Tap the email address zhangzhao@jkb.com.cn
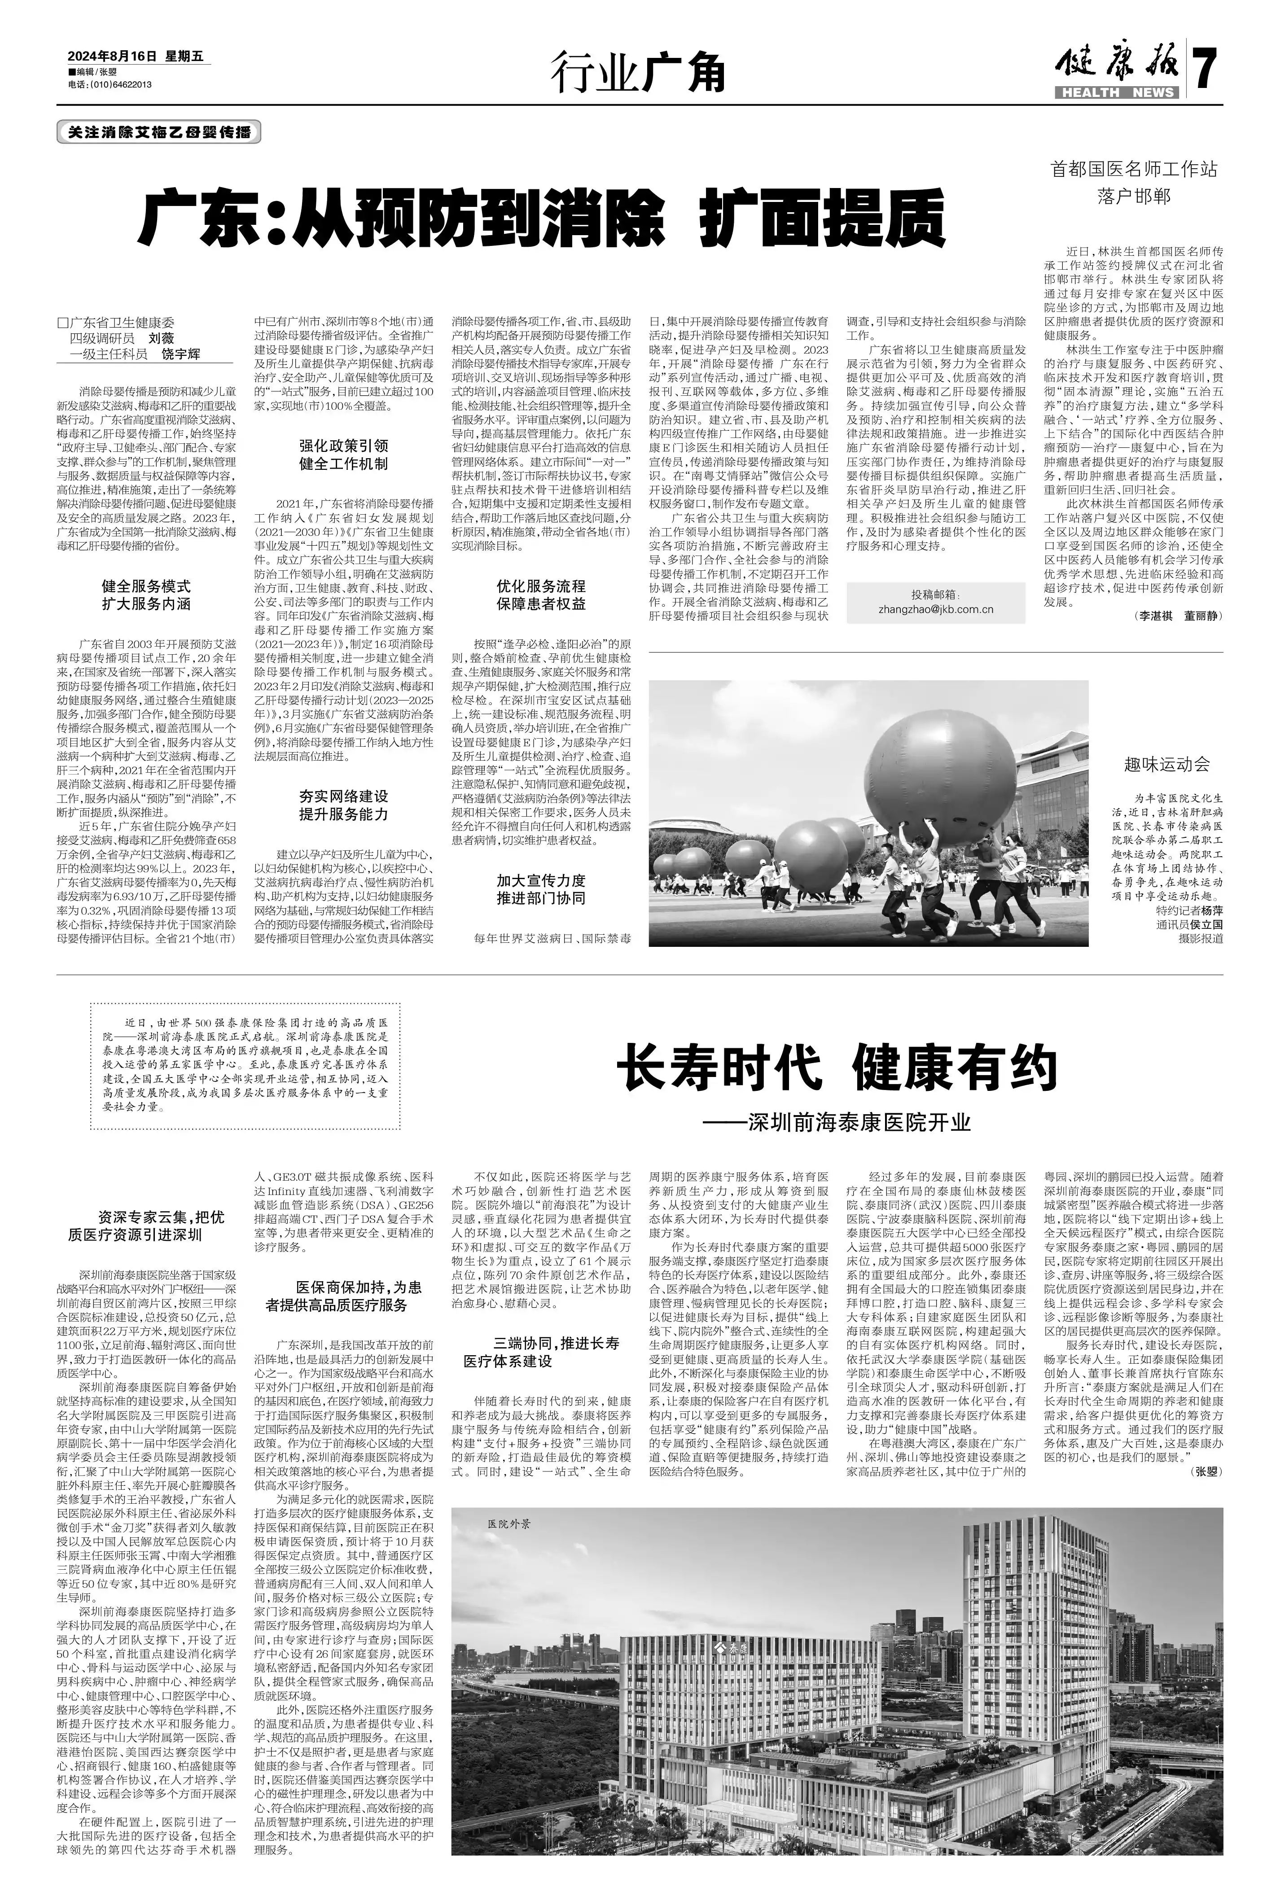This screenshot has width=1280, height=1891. coord(936,608)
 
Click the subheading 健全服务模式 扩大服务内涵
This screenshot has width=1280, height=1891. coord(146,595)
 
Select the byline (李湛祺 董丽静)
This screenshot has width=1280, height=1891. coord(1177,616)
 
